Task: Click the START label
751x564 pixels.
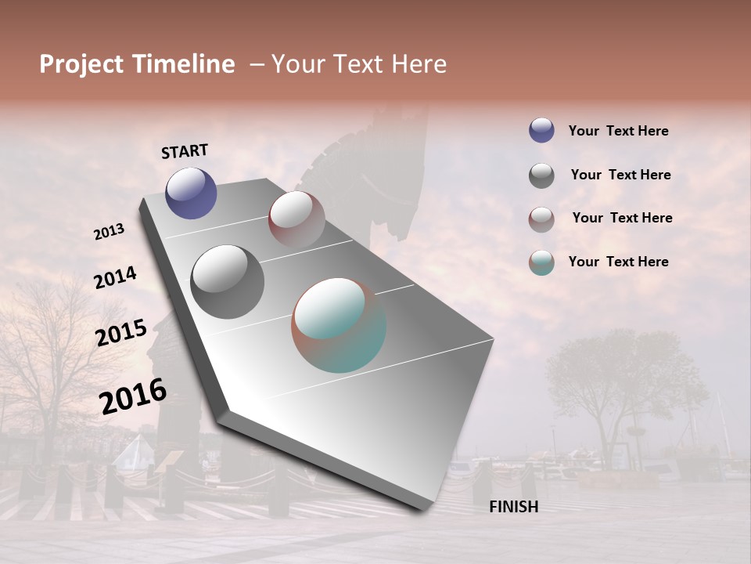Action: tap(185, 151)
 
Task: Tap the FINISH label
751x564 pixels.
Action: tap(514, 507)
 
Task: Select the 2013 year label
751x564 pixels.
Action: tap(110, 232)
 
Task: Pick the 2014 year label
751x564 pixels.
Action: tap(115, 277)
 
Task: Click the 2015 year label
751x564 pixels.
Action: tap(121, 333)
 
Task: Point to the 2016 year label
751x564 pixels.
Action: tap(133, 396)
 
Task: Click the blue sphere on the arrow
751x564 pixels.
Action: tap(191, 193)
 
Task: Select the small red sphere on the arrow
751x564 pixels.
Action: tap(296, 219)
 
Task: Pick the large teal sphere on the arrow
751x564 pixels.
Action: tap(339, 325)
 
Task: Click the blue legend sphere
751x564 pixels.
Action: tap(541, 130)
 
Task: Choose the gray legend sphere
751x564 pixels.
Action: tap(541, 175)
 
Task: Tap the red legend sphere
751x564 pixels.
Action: tap(541, 219)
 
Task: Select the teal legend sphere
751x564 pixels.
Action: tap(541, 262)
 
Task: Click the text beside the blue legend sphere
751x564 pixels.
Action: tap(618, 131)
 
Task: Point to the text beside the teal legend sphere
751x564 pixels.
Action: tap(618, 262)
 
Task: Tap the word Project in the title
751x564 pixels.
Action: tap(82, 64)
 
